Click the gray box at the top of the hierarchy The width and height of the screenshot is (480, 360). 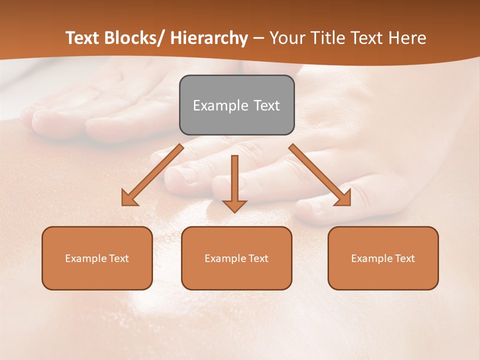236,105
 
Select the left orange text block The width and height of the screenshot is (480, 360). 97,258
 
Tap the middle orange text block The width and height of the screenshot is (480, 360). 236,258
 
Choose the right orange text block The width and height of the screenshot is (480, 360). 383,258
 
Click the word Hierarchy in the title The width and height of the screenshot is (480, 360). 208,38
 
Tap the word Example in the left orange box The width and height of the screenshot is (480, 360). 85,258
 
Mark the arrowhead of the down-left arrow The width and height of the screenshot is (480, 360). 129,198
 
